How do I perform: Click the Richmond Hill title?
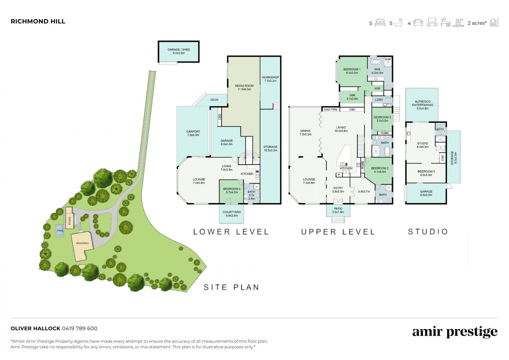coord(38,21)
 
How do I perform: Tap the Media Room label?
coord(244,88)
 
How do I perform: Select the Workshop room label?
coord(270,79)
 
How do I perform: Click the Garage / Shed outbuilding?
coord(179,51)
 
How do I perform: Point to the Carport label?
coord(193,133)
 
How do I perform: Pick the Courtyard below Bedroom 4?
coord(232,214)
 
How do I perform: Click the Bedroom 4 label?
coord(232,190)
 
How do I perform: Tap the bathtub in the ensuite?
coord(376,62)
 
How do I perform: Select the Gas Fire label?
coord(331,109)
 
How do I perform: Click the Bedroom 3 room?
coord(382,119)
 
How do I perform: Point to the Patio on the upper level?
coord(338,210)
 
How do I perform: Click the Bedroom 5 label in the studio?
coord(426,173)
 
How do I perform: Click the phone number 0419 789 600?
coord(80,328)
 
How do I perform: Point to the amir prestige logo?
coord(455,332)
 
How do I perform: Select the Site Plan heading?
coord(231,287)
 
